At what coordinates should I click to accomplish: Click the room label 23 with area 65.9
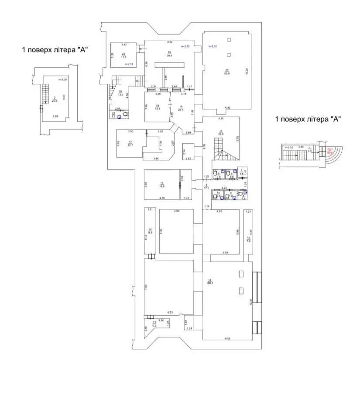tap(227, 72)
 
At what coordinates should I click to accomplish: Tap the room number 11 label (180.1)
tap(209, 281)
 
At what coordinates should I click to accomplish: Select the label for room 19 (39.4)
tap(169, 54)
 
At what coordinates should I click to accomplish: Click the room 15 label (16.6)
tap(161, 184)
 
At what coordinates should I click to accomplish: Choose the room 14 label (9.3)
tap(150, 231)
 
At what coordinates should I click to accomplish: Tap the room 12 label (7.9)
tap(248, 239)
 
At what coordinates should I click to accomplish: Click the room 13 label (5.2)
tap(154, 324)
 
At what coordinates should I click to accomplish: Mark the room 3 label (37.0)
tap(221, 133)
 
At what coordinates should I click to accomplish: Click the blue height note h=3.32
tap(213, 46)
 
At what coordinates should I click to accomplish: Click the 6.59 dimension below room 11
tap(227, 339)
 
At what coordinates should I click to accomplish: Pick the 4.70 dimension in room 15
tap(161, 198)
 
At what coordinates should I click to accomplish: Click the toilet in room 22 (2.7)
tap(125, 115)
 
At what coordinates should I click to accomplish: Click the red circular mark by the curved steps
tap(330, 151)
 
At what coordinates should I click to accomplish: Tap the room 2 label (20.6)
tap(55, 99)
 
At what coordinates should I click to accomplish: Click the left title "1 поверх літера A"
tap(55, 50)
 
